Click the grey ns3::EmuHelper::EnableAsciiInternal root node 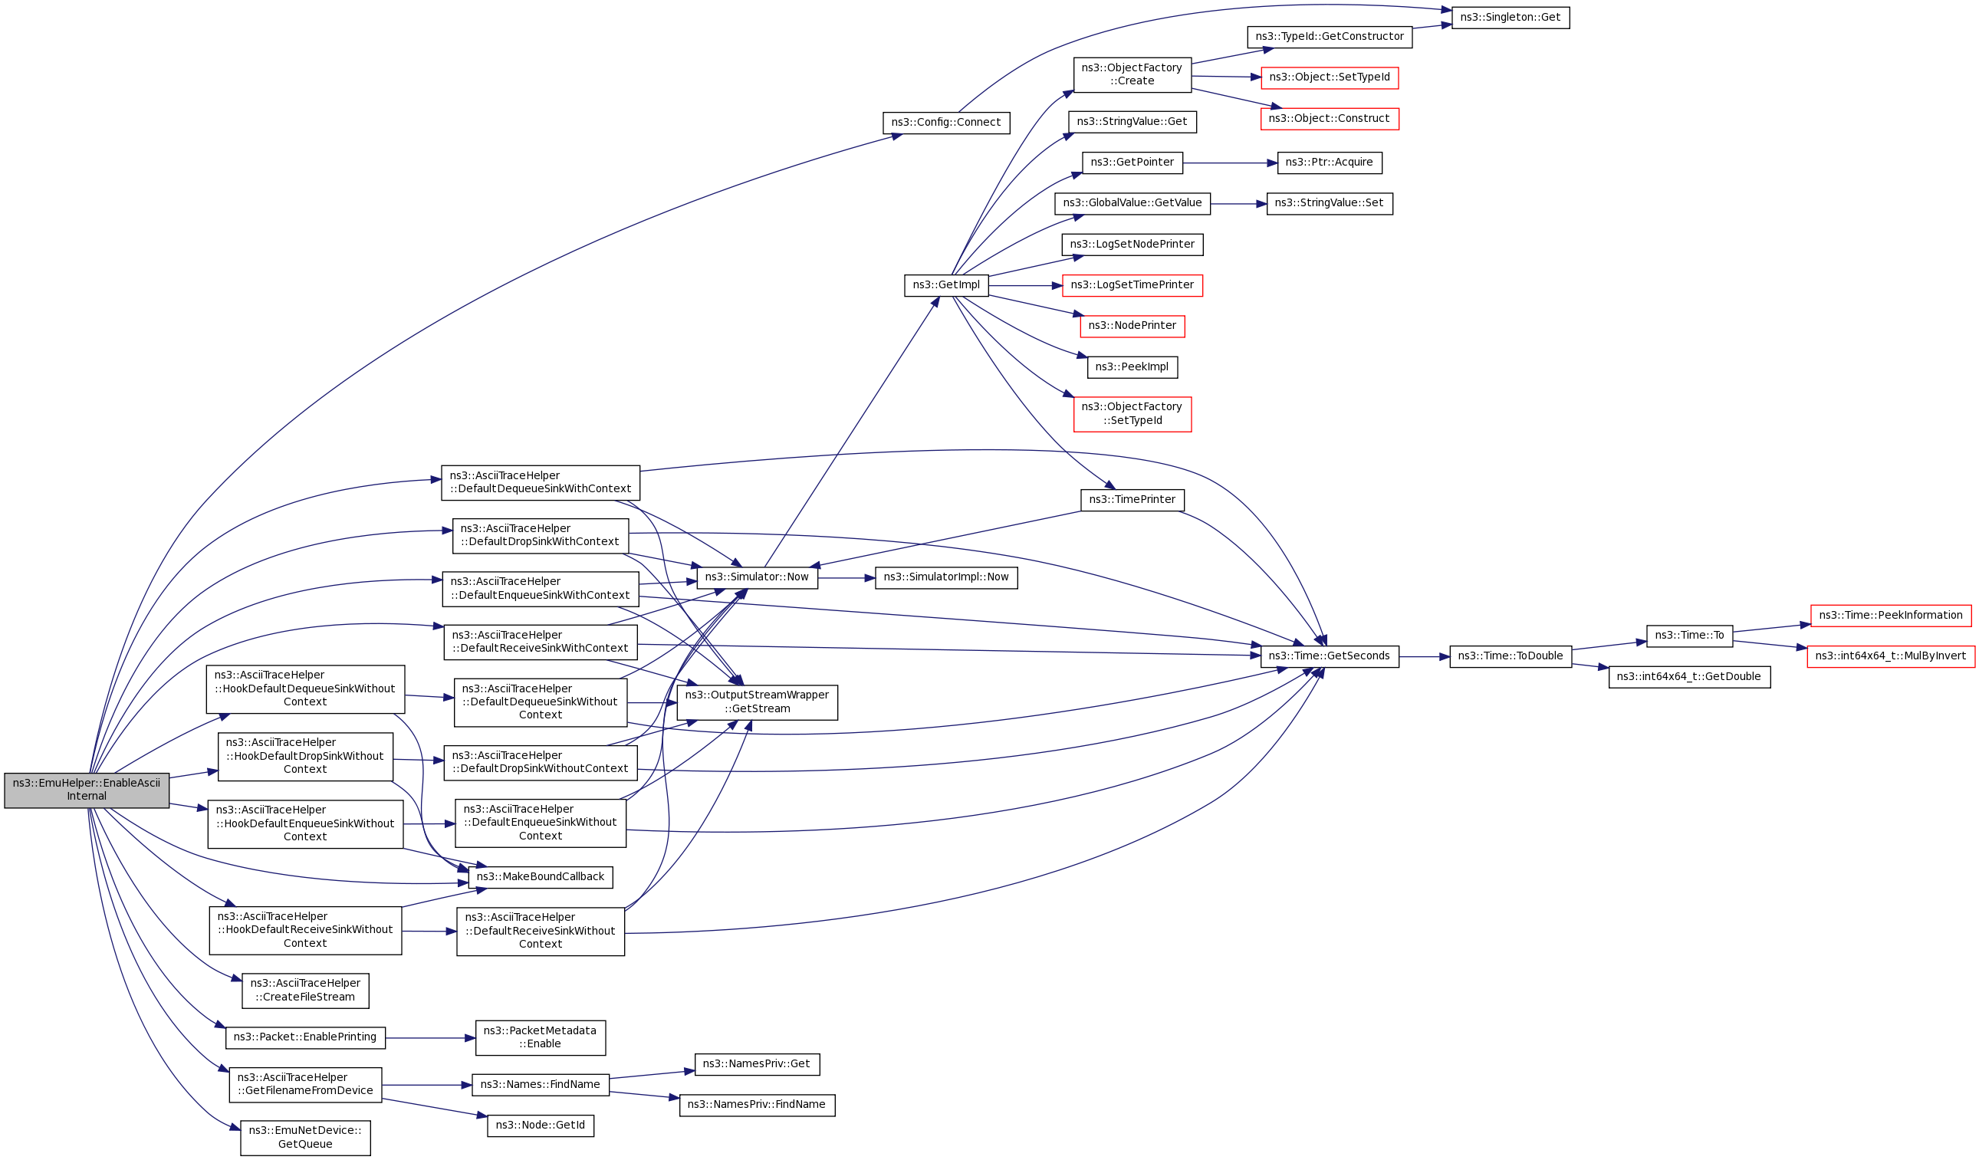87,790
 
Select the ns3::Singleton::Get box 1511,18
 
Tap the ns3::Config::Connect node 945,123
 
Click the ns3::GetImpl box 945,286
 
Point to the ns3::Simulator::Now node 756,578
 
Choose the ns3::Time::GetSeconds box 1329,656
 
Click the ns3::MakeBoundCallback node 541,877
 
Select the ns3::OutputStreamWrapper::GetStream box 756,703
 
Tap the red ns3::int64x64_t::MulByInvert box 1890,656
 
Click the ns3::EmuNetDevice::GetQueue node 304,1138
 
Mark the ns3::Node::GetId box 541,1125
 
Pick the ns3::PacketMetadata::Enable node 541,1037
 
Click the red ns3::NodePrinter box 1132,327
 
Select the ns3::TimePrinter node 1132,501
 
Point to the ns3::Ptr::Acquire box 1329,163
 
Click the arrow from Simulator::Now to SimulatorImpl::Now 846,578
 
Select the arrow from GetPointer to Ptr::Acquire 1229,163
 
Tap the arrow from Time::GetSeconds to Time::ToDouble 1423,656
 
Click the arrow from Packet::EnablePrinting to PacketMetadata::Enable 429,1038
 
